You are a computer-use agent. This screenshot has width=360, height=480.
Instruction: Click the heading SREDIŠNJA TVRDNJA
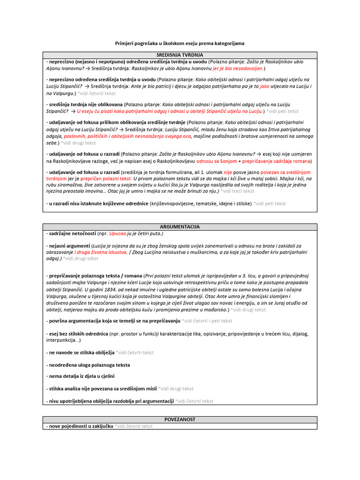(x=180, y=55)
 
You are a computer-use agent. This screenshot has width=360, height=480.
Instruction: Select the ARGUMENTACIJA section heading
(x=180, y=226)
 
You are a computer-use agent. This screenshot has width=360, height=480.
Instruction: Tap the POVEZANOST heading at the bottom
(x=180, y=419)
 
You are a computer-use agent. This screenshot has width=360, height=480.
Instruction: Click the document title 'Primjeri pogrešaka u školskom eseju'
(x=180, y=43)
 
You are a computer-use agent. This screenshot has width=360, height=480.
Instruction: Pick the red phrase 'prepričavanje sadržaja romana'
(x=277, y=161)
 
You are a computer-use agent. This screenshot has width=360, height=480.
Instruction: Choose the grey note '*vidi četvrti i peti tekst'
(x=207, y=321)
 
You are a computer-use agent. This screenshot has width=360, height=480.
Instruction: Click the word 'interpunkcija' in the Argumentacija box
(x=61, y=340)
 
